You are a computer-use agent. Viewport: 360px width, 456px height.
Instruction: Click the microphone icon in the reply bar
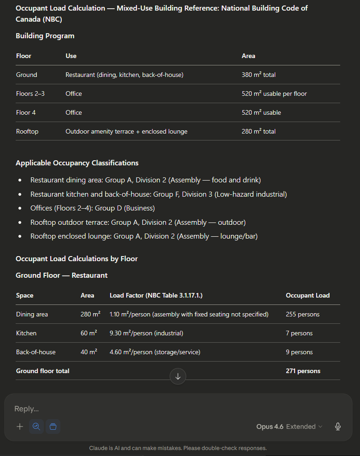[x=338, y=427]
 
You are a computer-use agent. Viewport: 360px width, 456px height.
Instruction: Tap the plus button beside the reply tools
[x=20, y=427]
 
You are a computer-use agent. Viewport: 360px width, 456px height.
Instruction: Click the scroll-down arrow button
[x=178, y=376]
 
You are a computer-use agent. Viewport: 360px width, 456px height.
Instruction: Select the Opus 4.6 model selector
[x=289, y=427]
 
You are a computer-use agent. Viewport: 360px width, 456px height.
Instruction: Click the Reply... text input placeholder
[x=27, y=409]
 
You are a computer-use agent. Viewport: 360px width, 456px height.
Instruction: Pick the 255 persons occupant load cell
[x=302, y=314]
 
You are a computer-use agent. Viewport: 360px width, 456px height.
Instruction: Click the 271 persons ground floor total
[x=303, y=371]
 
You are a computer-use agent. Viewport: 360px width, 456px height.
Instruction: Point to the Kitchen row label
[x=26, y=333]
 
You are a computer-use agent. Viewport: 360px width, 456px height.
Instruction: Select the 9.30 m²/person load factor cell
[x=146, y=333]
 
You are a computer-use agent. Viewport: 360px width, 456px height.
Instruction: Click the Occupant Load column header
[x=307, y=295]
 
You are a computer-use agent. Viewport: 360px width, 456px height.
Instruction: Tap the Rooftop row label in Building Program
[x=27, y=131]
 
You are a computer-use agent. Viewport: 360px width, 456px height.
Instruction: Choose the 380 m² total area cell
[x=259, y=75]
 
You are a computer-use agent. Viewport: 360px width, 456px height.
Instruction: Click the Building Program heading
[x=45, y=36]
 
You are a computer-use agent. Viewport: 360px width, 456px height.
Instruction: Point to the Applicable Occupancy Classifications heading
[x=77, y=163]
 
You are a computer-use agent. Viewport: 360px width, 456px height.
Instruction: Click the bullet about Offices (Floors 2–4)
[x=93, y=208]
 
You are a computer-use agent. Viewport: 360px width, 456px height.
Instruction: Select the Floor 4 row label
[x=26, y=112]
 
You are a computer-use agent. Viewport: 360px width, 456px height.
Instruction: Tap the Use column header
[x=71, y=56]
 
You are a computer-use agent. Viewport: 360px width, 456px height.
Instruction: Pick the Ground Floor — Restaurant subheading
[x=61, y=275]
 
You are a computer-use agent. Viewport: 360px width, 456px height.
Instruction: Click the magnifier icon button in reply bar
[x=36, y=427]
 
